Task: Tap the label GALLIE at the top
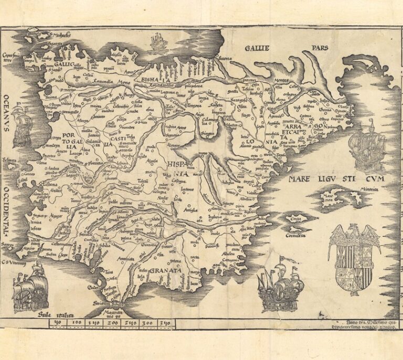coord(257,48)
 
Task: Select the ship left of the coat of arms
coord(281,286)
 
